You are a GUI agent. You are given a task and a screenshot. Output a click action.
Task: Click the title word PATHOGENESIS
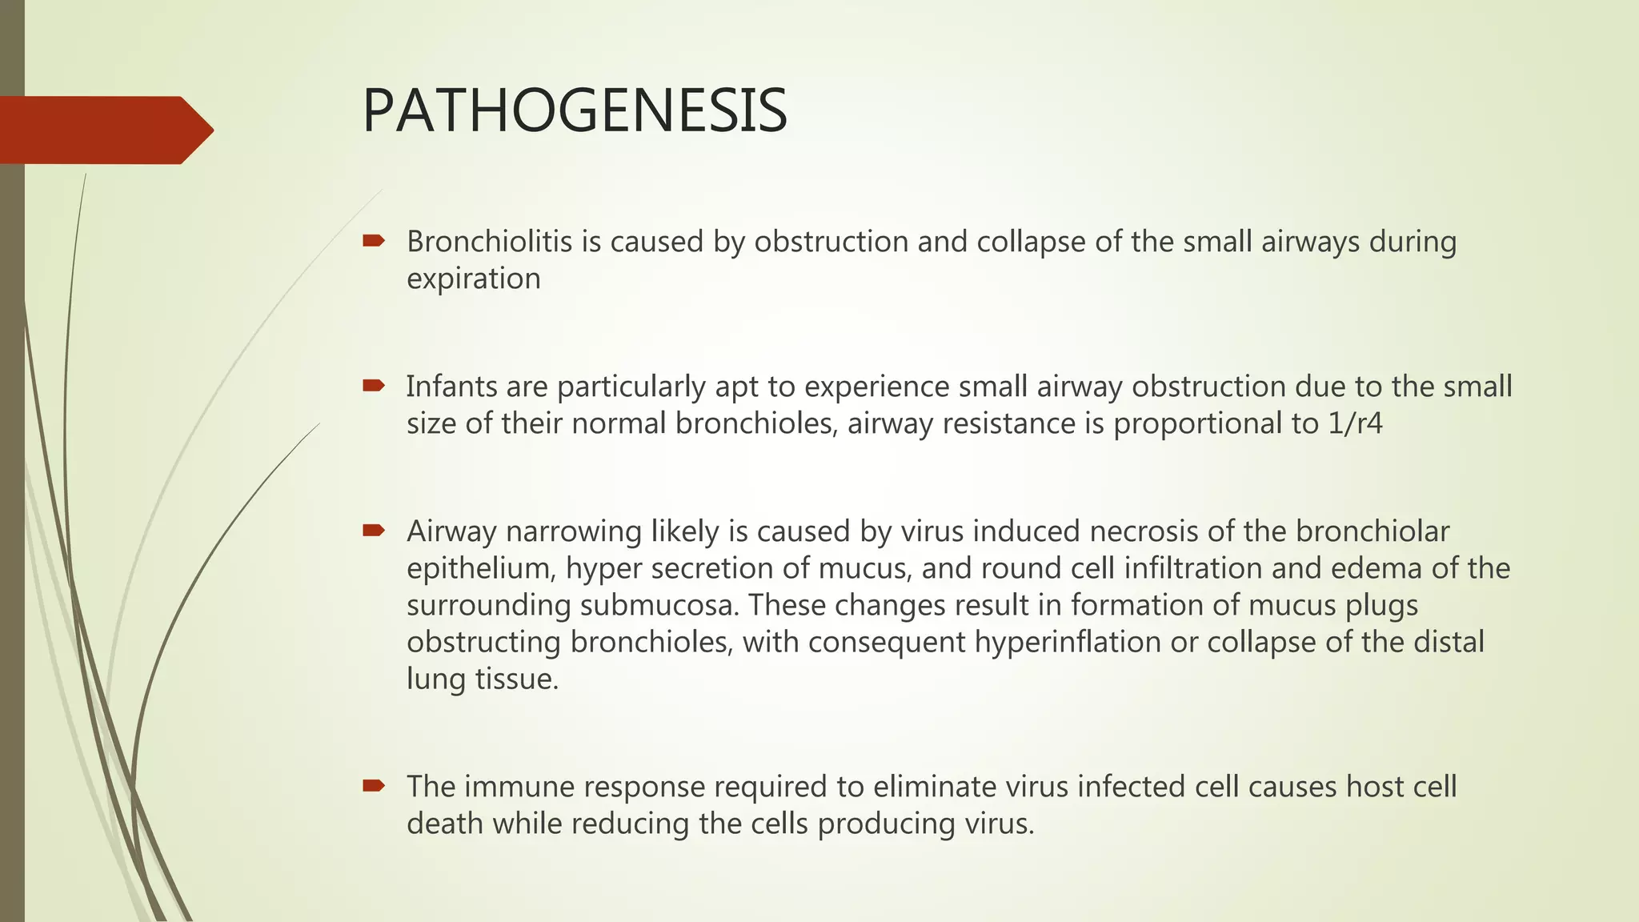575,110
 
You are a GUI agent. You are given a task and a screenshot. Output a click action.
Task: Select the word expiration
473,279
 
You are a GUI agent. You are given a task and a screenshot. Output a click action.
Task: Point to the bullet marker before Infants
374,386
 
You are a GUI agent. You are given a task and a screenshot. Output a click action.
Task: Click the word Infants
451,387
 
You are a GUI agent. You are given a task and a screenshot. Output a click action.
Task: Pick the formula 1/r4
1355,423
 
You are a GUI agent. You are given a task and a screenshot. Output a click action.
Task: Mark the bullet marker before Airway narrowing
374,531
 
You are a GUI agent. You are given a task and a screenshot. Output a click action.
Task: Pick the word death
444,824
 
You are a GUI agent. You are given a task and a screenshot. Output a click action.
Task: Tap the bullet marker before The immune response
374,786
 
